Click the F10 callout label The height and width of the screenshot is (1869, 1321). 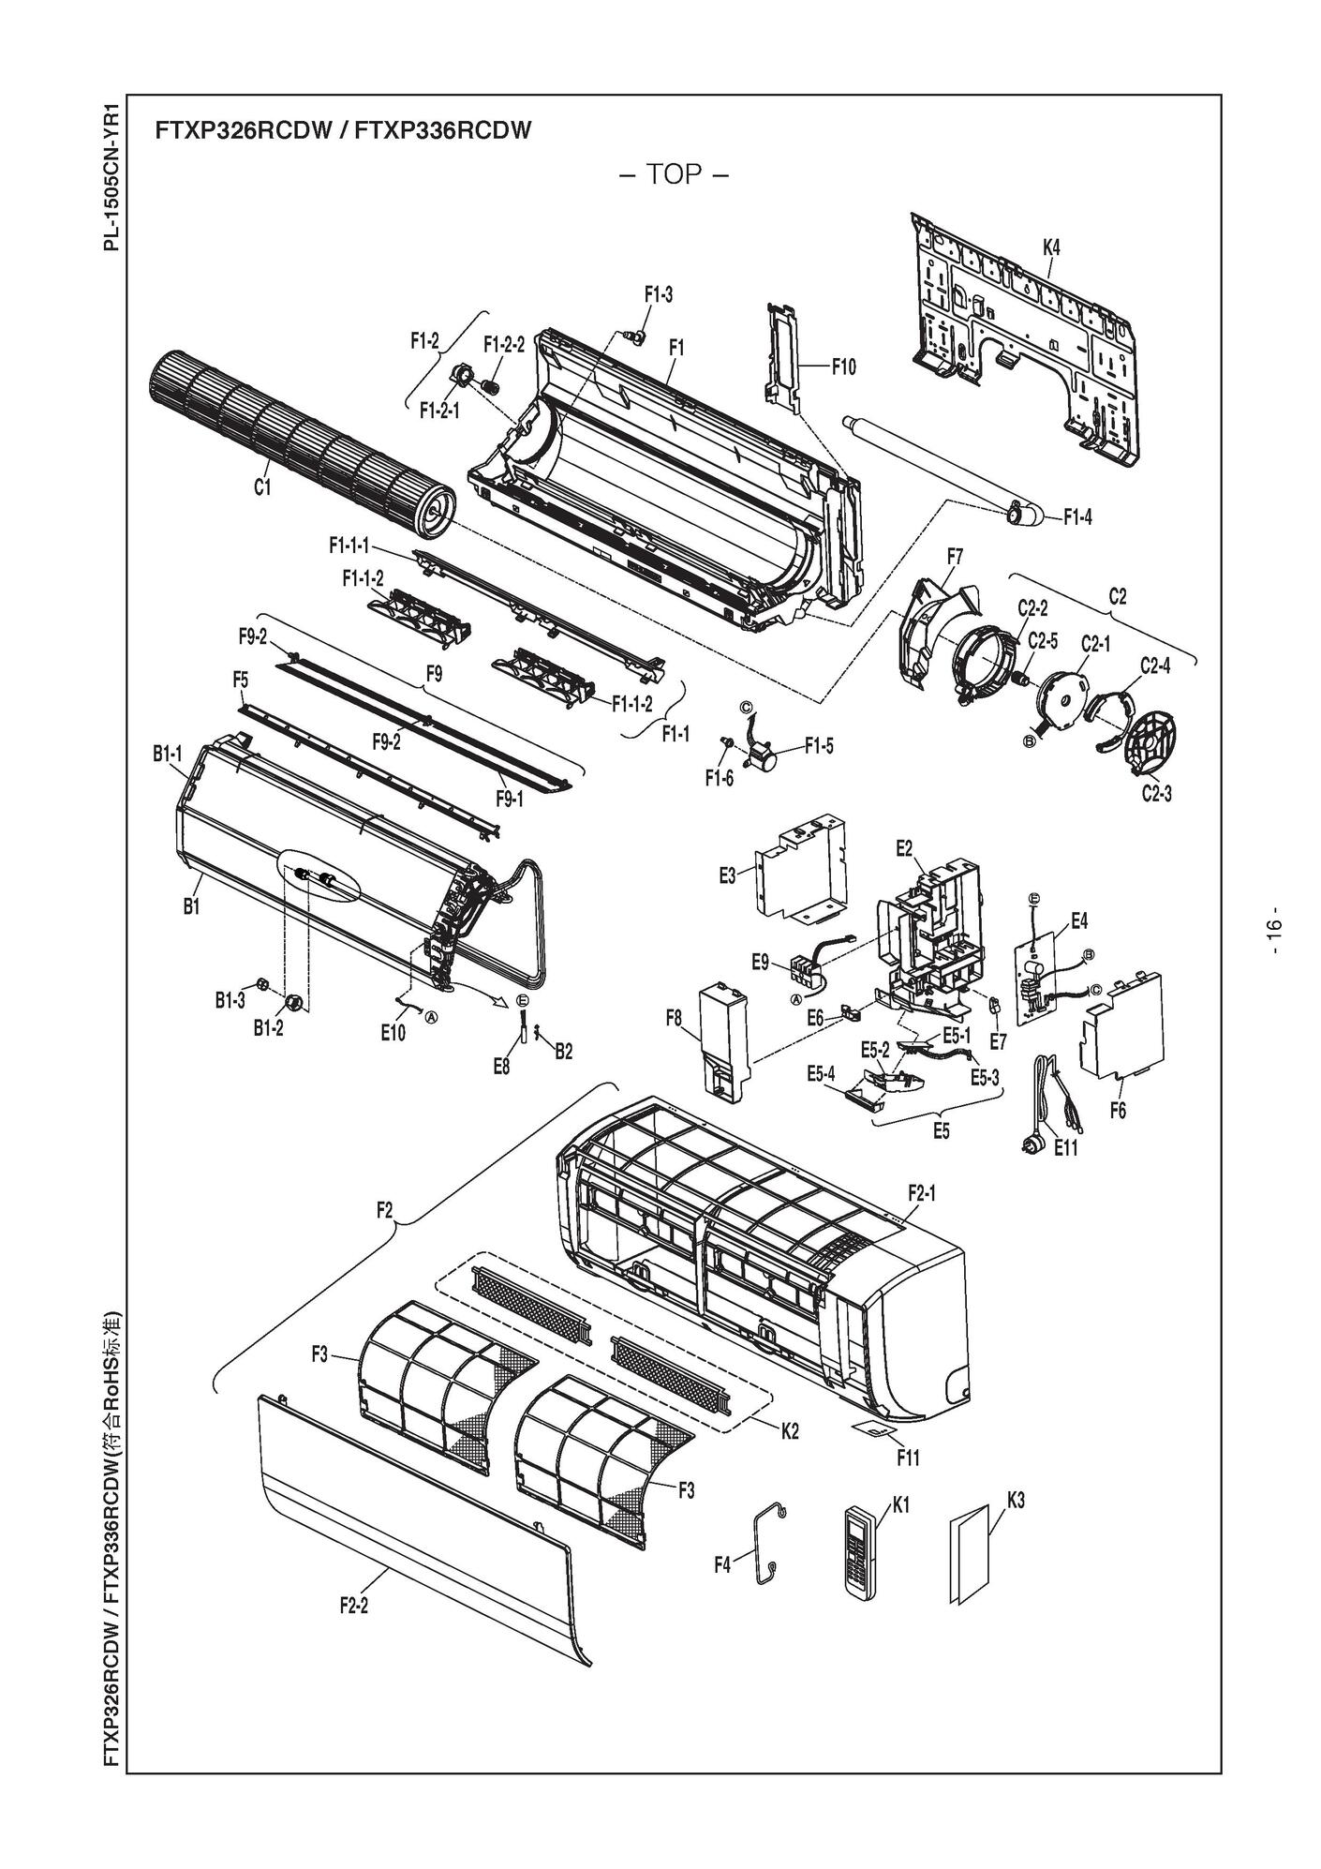tap(843, 366)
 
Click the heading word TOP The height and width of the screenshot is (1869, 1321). tap(674, 174)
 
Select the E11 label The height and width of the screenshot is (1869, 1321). tap(1066, 1147)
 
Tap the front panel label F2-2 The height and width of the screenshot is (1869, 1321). tap(353, 1606)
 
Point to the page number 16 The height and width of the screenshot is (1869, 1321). tap(1273, 932)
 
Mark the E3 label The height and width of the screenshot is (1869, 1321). tap(727, 875)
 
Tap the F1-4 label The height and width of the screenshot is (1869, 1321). tap(1077, 516)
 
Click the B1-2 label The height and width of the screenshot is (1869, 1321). tap(268, 1028)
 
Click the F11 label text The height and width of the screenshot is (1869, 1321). tap(908, 1458)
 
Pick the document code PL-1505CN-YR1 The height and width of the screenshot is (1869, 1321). tap(111, 176)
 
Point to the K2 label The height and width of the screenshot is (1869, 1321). tap(789, 1431)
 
